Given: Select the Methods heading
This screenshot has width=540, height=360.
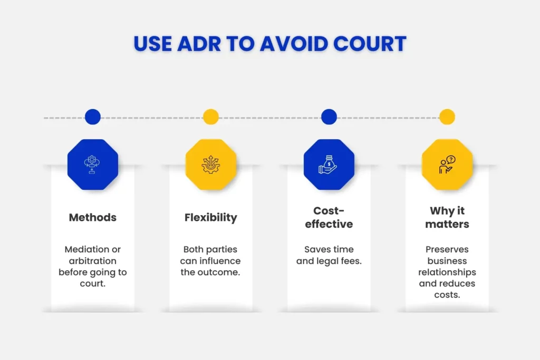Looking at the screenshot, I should pos(93,217).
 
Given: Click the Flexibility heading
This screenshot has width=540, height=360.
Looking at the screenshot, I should pos(211,217).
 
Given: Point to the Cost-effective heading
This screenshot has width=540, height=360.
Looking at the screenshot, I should pos(329,217).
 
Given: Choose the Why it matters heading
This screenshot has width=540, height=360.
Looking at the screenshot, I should pos(447,217).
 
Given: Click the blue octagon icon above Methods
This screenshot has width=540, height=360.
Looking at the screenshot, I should pos(93,164).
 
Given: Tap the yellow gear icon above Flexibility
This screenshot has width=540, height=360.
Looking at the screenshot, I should pos(211,164).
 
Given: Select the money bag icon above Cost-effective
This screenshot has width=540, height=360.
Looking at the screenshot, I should pos(329,164).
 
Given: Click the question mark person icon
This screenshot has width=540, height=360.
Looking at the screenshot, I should pos(447,164).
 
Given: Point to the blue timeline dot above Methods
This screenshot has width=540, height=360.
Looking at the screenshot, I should pos(93,117).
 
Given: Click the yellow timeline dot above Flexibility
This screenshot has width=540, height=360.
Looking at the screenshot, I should pos(211,117).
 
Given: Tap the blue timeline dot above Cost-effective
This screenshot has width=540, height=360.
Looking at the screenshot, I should pos(329,117).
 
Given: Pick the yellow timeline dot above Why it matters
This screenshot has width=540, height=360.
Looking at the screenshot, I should pos(447,117).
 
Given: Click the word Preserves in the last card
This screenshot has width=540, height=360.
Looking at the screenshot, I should pos(447,249).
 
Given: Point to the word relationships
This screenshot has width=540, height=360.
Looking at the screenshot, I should pos(447,273).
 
